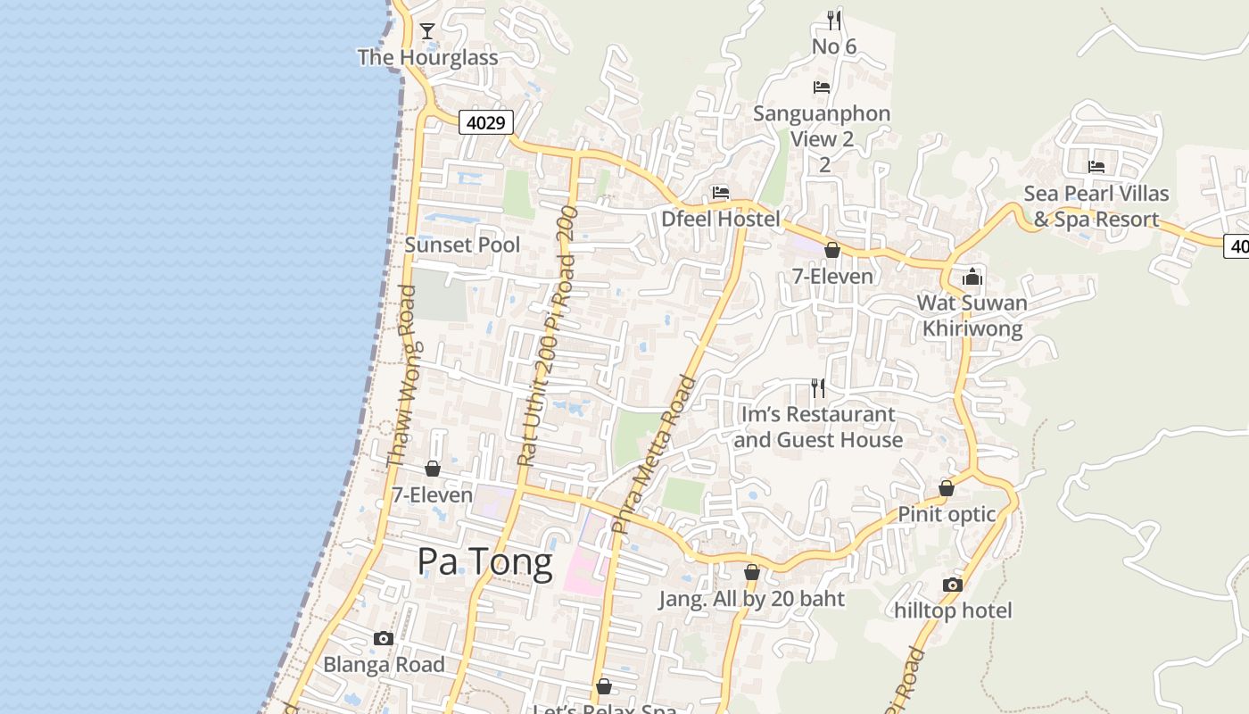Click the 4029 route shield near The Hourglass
tap(486, 122)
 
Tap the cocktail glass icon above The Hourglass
tap(427, 31)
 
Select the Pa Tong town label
tap(484, 561)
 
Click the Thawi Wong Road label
tap(401, 377)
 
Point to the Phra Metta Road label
tap(654, 455)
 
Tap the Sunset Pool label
tap(462, 245)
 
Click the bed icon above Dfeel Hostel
tap(721, 193)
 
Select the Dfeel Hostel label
tap(721, 219)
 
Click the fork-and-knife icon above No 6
tap(834, 20)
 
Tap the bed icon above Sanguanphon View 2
tap(822, 87)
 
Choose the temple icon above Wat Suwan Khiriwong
tap(972, 277)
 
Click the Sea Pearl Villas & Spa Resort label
tap(1096, 206)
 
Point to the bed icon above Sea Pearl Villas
tap(1096, 167)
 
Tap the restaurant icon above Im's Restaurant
tap(818, 388)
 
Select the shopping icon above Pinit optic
tap(947, 488)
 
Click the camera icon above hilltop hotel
tap(953, 585)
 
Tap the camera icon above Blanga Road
tap(384, 638)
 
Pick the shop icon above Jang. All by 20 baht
tap(752, 572)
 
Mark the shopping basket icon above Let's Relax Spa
tap(604, 686)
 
